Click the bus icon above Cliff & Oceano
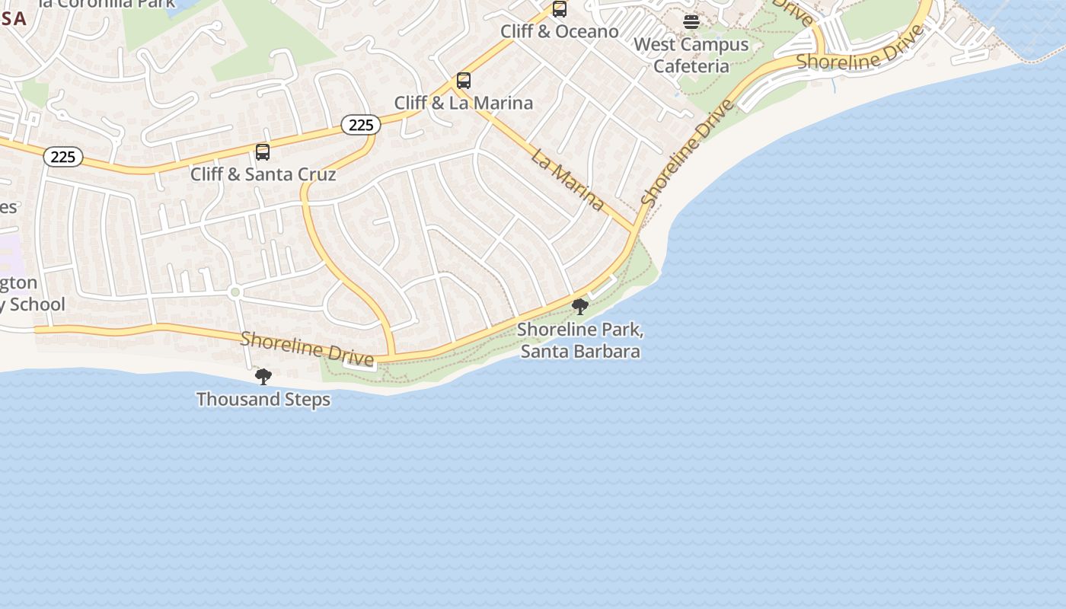tap(560, 9)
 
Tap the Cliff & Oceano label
tap(560, 31)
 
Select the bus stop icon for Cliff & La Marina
tap(464, 80)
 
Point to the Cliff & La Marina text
tap(464, 103)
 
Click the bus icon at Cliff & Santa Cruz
tap(263, 151)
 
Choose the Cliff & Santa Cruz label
tap(263, 174)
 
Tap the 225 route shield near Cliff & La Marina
tap(360, 124)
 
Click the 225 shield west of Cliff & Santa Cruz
tap(63, 157)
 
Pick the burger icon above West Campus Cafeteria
tap(691, 22)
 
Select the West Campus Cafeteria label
tap(691, 55)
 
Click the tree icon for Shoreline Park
tap(580, 307)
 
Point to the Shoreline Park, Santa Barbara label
tap(580, 340)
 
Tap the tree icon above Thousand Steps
tap(263, 376)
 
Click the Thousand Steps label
tap(263, 400)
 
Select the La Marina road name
tap(568, 180)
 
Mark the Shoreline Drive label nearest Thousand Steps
tap(307, 348)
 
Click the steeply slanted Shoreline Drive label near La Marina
tap(688, 152)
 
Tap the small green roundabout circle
tap(235, 292)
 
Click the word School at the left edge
tap(34, 304)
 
